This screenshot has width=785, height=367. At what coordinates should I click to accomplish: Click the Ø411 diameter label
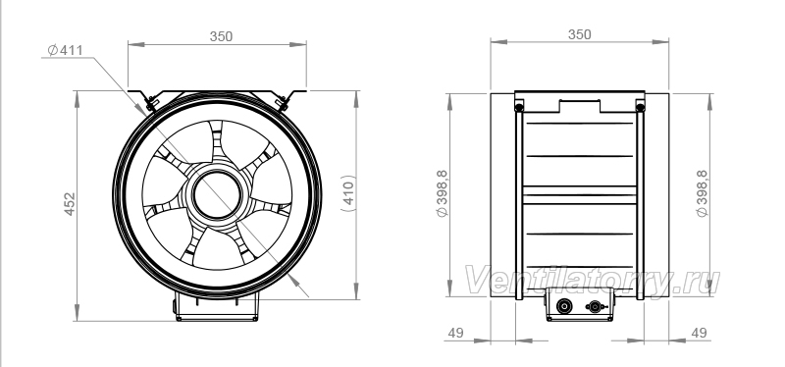(65, 50)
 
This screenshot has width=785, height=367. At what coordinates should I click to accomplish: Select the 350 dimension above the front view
(221, 36)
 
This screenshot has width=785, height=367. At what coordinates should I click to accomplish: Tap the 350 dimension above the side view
(580, 34)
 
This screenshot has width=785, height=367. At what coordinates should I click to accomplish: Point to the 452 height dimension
(70, 204)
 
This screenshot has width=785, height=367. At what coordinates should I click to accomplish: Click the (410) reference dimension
(348, 192)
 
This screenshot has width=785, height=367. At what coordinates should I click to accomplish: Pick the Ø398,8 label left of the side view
(443, 193)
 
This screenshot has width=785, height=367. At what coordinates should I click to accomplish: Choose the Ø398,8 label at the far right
(703, 193)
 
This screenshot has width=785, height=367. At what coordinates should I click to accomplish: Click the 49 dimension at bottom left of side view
(455, 333)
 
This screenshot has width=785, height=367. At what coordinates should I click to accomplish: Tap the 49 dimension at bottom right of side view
(699, 333)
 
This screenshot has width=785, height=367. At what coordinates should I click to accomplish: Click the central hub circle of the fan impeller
(217, 195)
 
